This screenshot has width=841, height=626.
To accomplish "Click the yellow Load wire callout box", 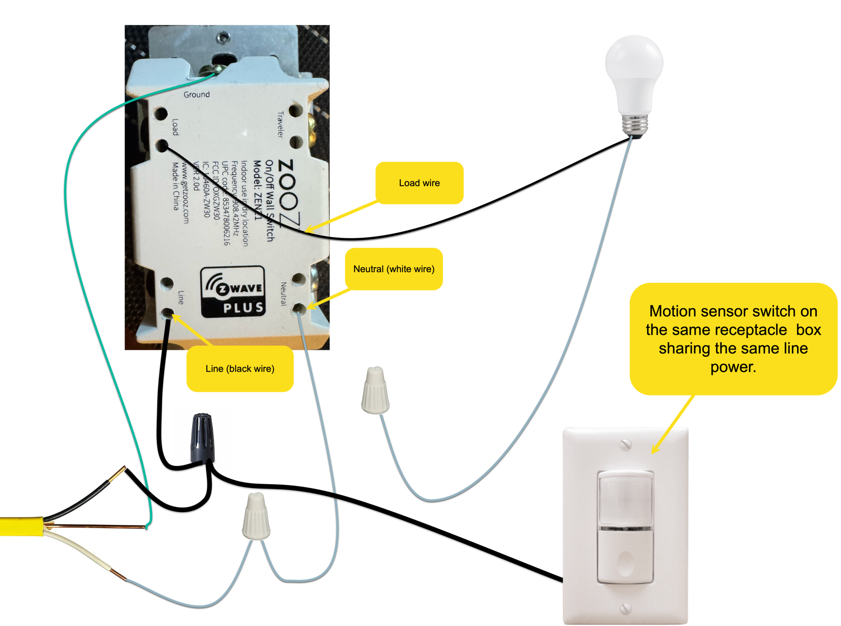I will click(419, 183).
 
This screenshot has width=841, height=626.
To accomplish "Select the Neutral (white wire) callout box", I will click(394, 269).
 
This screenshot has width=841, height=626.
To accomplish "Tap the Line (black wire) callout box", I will click(240, 369).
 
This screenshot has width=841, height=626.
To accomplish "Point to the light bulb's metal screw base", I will click(635, 124).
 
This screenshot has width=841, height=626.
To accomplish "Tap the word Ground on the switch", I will click(196, 95).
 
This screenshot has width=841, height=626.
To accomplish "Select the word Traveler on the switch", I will click(280, 124).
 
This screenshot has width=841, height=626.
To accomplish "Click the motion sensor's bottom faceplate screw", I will click(625, 608).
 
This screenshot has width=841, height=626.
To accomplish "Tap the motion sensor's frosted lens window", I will click(625, 500).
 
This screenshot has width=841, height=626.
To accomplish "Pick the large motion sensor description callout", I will click(733, 339).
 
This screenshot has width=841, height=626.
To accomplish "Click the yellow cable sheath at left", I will click(21, 526).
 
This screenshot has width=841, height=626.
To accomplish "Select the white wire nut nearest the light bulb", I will click(375, 391).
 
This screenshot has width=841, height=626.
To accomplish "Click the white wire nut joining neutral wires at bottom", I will click(256, 517).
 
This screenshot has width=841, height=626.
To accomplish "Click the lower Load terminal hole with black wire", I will click(161, 146).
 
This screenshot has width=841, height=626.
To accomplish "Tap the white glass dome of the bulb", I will click(634, 63).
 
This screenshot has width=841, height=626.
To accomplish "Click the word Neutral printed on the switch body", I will click(283, 294).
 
